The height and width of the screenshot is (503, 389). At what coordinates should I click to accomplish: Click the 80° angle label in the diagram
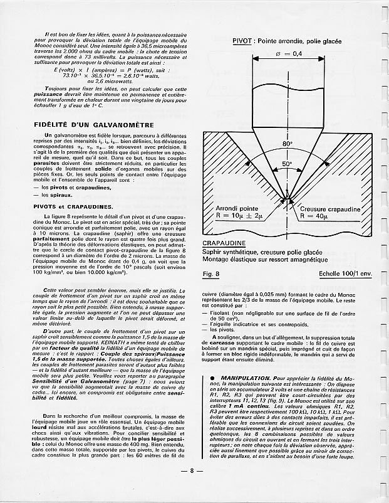pos(287,144)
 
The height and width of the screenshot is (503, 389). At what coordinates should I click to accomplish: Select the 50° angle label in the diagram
pos(286,164)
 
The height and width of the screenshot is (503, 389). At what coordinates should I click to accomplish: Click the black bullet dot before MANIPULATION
pos(213,379)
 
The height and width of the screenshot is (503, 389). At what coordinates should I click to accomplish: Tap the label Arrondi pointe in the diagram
pos(237,208)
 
